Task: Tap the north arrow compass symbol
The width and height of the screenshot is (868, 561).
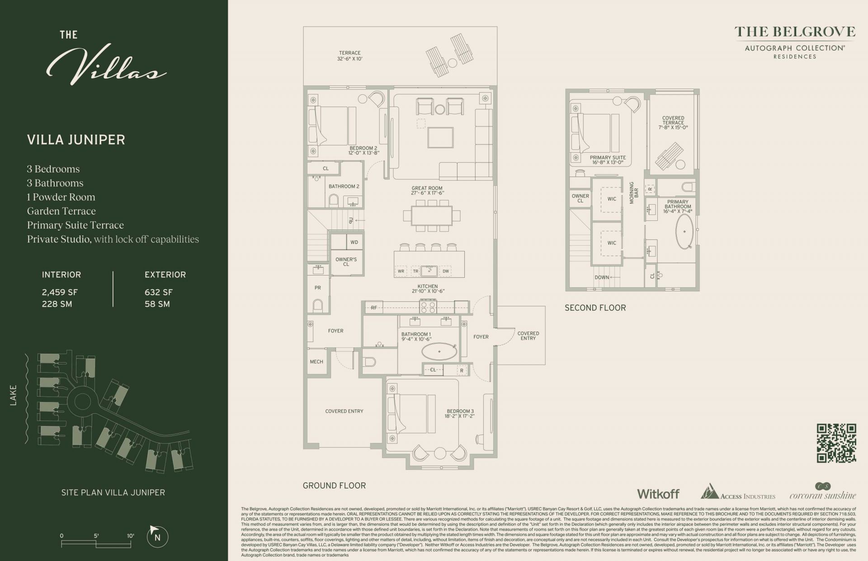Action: (x=157, y=537)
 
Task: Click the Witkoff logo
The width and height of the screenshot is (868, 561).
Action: (x=658, y=494)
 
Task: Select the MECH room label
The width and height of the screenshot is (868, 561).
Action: (x=316, y=361)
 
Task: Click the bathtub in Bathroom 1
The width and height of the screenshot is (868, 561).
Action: (x=439, y=351)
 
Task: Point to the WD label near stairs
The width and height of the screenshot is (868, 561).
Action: (x=354, y=242)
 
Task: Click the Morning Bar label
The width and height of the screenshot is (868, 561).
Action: (x=634, y=193)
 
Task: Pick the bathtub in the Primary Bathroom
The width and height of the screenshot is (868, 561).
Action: (x=684, y=231)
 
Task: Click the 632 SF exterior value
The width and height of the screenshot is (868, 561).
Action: (x=158, y=292)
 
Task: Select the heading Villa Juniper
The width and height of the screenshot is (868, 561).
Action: (x=76, y=140)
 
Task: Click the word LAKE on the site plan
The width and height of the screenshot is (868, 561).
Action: (x=13, y=395)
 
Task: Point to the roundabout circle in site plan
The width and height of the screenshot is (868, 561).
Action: (x=82, y=400)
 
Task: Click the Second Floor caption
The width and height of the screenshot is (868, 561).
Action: (x=595, y=308)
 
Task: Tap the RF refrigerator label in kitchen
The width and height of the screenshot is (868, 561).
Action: (x=374, y=308)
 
